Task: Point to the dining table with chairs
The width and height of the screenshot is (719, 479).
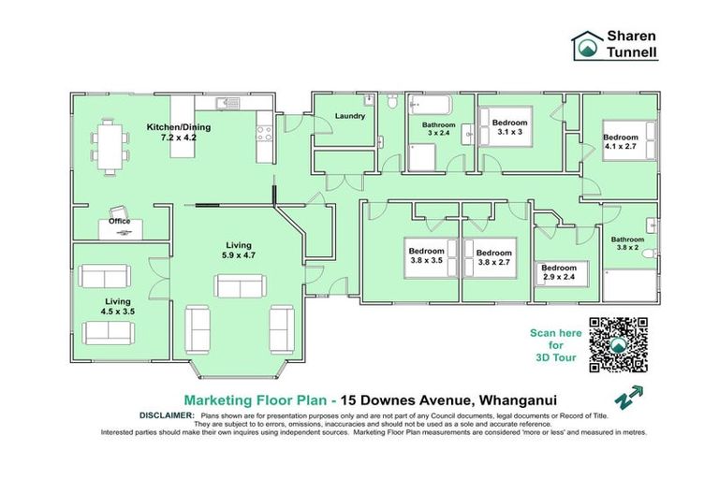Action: tap(110, 147)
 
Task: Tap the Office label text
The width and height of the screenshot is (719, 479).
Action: tap(119, 222)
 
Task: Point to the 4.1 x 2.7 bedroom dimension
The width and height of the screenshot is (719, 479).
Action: tap(622, 147)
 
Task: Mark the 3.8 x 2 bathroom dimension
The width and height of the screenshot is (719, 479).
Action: tap(626, 248)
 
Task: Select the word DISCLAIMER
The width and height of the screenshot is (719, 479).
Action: tap(167, 414)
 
